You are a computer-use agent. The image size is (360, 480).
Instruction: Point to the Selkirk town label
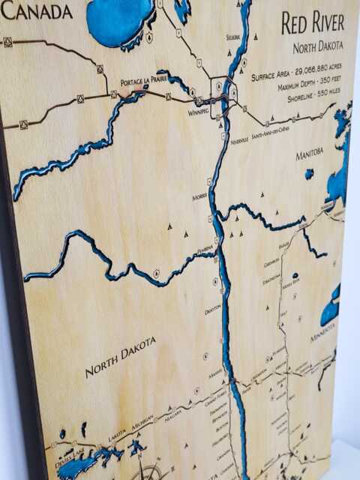(x=235, y=37)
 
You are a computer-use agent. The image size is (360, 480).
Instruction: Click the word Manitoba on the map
(x=309, y=152)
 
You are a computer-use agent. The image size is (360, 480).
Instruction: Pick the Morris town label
(x=199, y=196)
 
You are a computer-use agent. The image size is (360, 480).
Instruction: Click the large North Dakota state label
(x=120, y=356)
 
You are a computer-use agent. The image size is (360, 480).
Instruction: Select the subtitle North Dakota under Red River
(x=317, y=46)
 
